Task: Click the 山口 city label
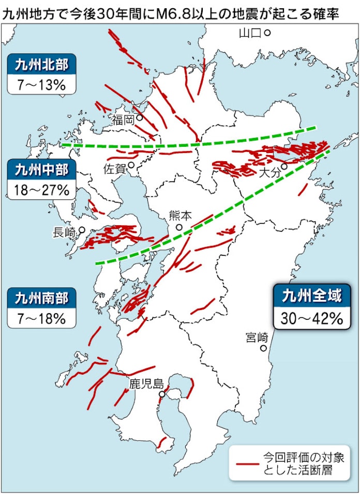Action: pos(250,34)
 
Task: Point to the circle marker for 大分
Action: pos(284,167)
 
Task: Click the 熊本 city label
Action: pos(180,215)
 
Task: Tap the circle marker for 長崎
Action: pos(82,230)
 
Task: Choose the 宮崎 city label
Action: pos(257,338)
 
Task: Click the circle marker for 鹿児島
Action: pos(162,394)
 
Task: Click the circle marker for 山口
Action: pos(267,33)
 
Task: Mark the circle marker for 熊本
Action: pos(179,227)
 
